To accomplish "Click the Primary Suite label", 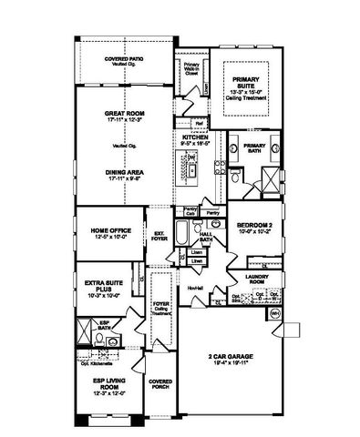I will click(x=245, y=83).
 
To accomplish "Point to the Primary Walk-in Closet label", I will click(x=191, y=69).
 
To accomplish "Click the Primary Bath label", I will click(x=254, y=147).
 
